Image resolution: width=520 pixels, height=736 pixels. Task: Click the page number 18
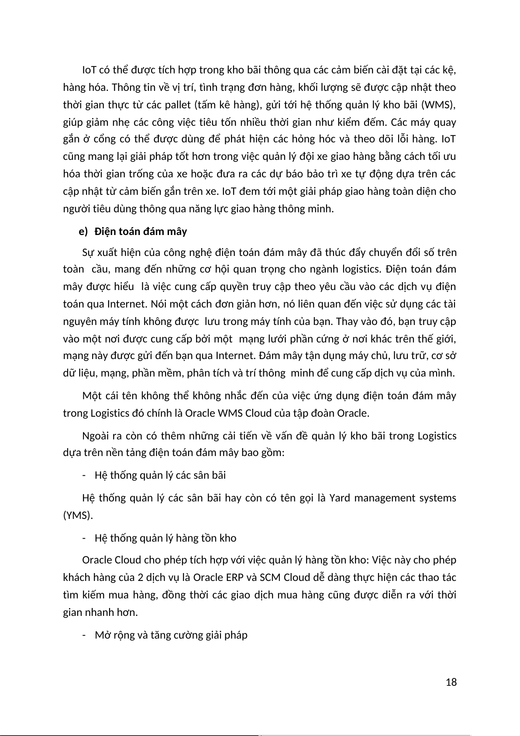451,682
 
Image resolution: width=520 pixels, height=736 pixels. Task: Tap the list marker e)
83,232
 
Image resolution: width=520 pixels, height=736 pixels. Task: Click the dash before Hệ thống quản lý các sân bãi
83,475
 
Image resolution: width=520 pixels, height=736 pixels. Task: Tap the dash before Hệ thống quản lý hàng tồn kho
83,538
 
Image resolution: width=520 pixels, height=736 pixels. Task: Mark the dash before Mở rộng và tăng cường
83,635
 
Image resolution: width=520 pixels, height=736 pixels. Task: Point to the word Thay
348,321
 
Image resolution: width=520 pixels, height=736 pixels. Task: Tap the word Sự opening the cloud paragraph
88,252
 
